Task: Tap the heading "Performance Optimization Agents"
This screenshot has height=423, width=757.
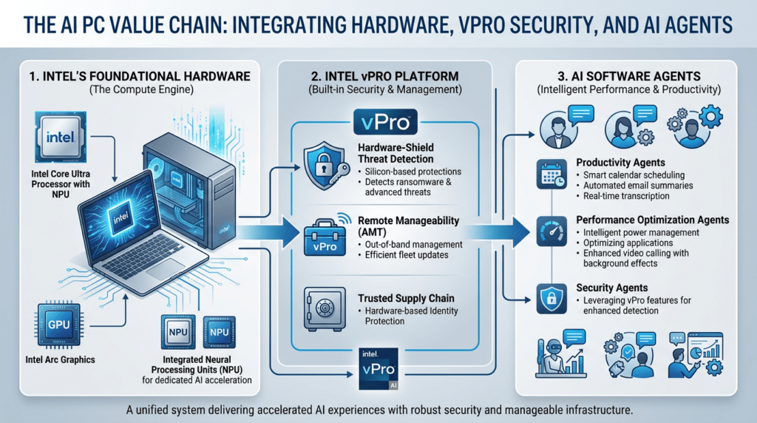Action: [652, 220]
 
